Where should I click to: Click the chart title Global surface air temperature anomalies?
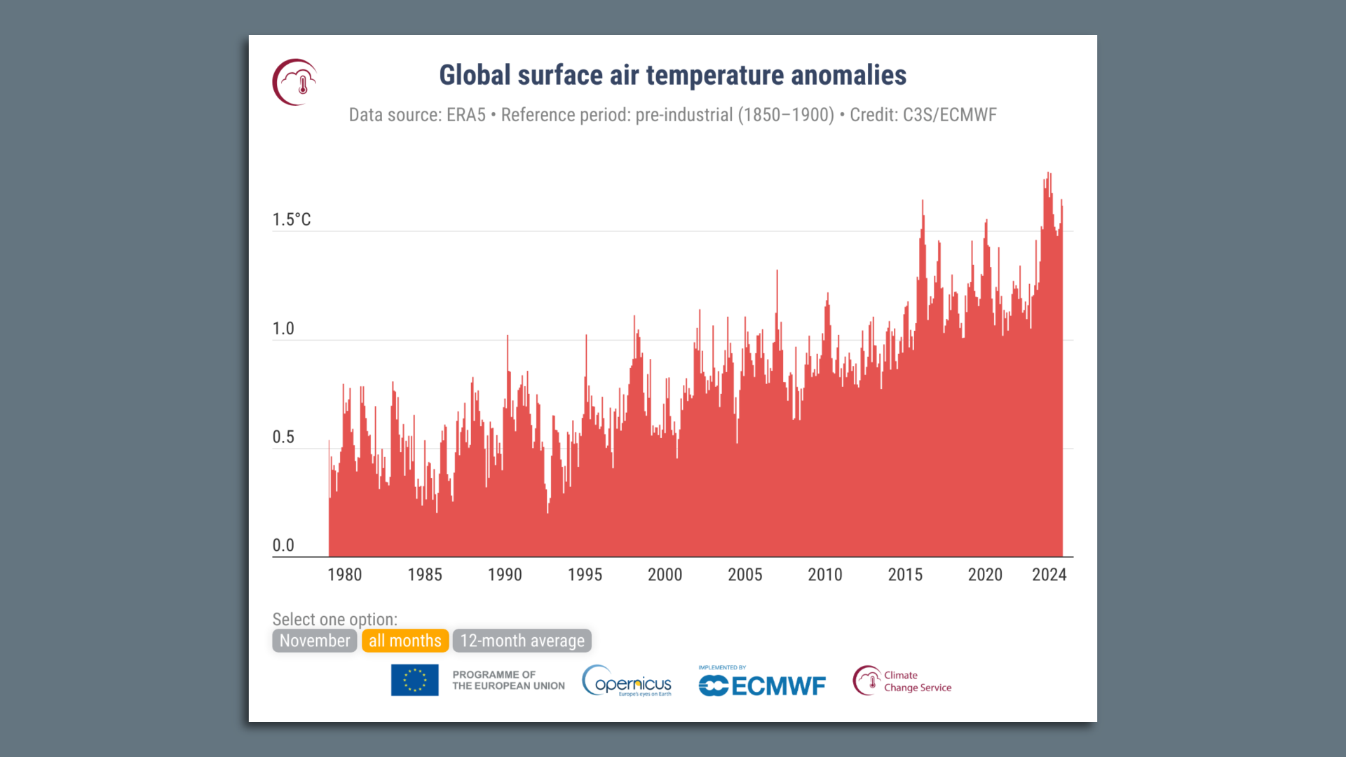tap(672, 76)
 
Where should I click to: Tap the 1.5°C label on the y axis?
tap(292, 219)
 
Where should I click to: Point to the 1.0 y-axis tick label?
tap(283, 329)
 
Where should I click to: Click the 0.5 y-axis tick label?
tap(283, 437)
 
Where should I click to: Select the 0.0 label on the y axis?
tap(283, 545)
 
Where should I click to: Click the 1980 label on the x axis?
tap(344, 575)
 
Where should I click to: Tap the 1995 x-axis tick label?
tap(585, 575)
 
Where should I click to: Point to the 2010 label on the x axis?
tap(824, 575)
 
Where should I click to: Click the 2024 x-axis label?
tap(1049, 575)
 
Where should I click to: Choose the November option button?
tap(314, 641)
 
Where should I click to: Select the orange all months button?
tap(405, 641)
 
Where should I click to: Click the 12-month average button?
tap(522, 641)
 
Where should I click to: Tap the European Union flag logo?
tap(414, 680)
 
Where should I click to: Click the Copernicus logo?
tap(627, 681)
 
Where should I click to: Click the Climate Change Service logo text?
tap(917, 681)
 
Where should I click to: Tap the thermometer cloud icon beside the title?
tap(295, 83)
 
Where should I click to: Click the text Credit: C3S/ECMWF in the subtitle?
tap(923, 115)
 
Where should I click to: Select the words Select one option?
tap(334, 620)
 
